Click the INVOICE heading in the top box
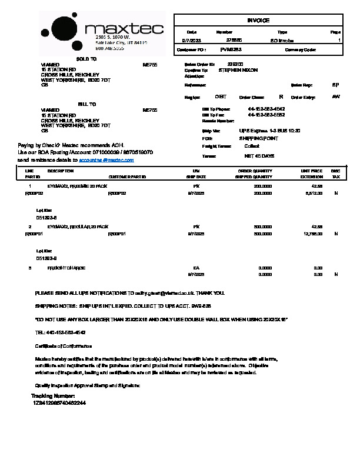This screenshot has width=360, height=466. [258, 21]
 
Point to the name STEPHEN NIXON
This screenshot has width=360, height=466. [238, 70]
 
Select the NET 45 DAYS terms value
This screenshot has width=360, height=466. [259, 156]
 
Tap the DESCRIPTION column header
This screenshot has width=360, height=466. [61, 171]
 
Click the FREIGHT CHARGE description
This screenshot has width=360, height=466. [66, 268]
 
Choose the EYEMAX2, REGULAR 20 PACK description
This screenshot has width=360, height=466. [78, 227]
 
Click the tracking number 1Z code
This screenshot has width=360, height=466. [59, 403]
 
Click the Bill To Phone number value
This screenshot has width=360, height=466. [266, 109]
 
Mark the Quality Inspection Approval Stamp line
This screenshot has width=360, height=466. [88, 385]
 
